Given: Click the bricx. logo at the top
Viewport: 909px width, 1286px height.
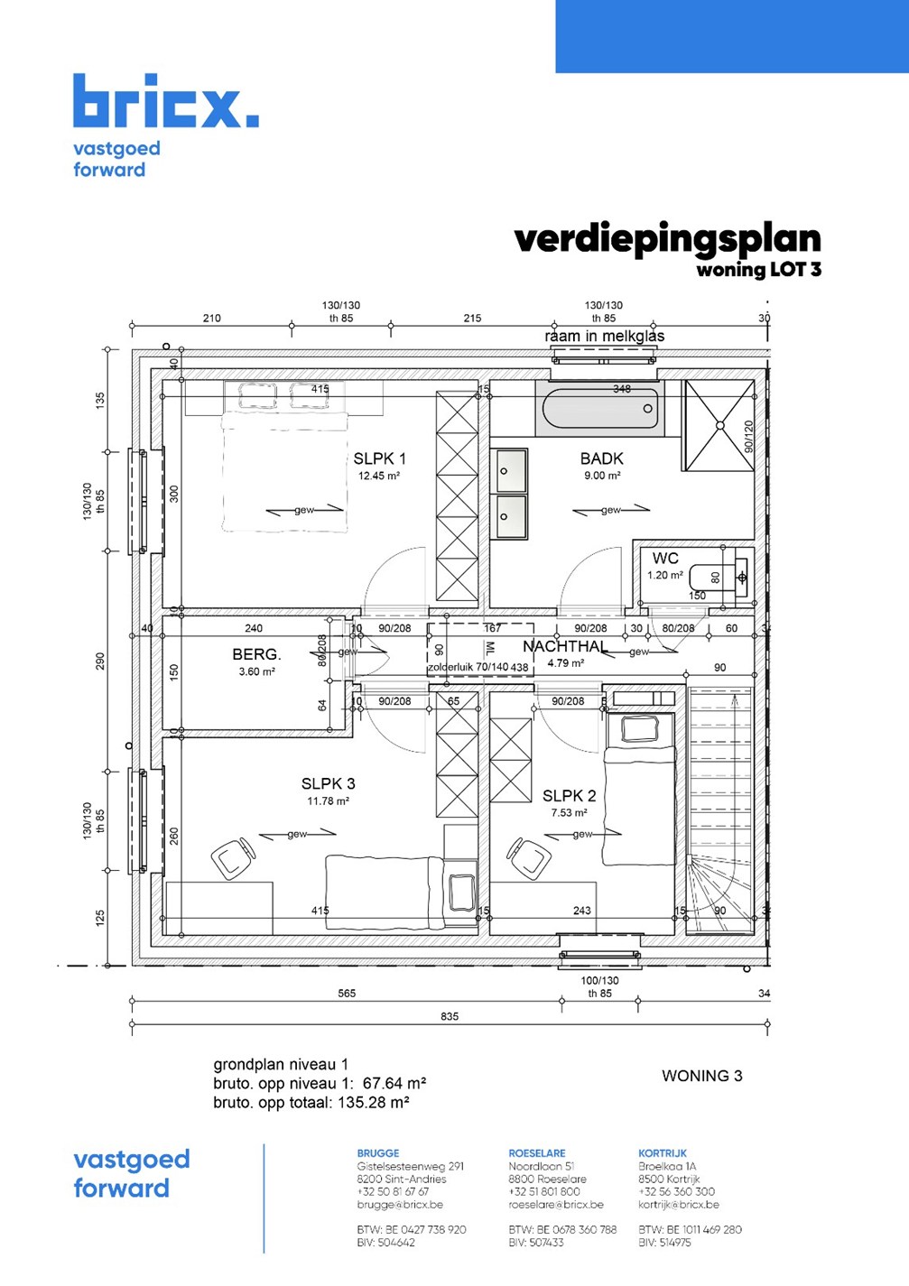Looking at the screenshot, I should [x=165, y=101].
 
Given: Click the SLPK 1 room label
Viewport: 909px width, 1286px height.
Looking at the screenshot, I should [x=379, y=458].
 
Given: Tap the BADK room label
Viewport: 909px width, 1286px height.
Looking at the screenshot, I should [x=601, y=458].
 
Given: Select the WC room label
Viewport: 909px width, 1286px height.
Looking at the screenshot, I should [x=665, y=559].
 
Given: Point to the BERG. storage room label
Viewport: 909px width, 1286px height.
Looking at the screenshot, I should [x=256, y=654].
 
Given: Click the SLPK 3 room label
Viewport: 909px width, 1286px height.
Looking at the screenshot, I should [x=328, y=783].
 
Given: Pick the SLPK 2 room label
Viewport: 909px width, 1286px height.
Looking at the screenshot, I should [x=569, y=795].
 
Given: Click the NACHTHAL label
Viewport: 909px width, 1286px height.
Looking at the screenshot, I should [x=564, y=646].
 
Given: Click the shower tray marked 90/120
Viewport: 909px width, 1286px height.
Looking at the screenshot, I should [x=719, y=425].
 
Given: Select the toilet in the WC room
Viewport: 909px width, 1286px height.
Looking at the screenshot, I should [x=718, y=577].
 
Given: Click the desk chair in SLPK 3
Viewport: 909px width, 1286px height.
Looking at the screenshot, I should [x=234, y=857].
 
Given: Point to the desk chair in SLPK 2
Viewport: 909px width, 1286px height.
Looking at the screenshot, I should [x=529, y=857].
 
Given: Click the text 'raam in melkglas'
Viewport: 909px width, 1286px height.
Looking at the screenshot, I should [x=604, y=336].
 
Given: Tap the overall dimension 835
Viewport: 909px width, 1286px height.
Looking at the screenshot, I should [x=450, y=1016].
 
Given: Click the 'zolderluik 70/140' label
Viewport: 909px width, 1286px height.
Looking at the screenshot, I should [x=468, y=667].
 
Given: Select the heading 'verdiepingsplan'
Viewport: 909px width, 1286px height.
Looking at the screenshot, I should [x=667, y=239].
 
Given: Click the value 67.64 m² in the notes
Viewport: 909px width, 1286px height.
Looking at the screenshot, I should [x=394, y=1083].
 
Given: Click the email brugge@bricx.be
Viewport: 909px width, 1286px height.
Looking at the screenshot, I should [x=400, y=1205].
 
